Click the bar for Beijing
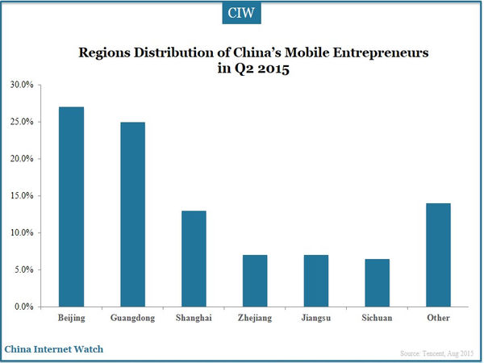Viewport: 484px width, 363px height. tap(71, 207)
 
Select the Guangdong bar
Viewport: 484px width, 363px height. tap(132, 215)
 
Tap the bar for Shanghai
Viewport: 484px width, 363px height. tap(194, 259)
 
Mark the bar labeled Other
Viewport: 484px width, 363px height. tap(439, 255)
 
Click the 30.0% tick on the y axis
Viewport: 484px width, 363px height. tap(22, 85)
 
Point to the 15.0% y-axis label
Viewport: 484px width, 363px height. tap(22, 196)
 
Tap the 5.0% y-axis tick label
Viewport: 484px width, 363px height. tap(24, 270)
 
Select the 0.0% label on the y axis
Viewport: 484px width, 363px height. tap(24, 307)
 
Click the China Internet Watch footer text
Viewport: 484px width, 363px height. tap(53, 348)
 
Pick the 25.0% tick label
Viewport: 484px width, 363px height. tap(22, 122)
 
